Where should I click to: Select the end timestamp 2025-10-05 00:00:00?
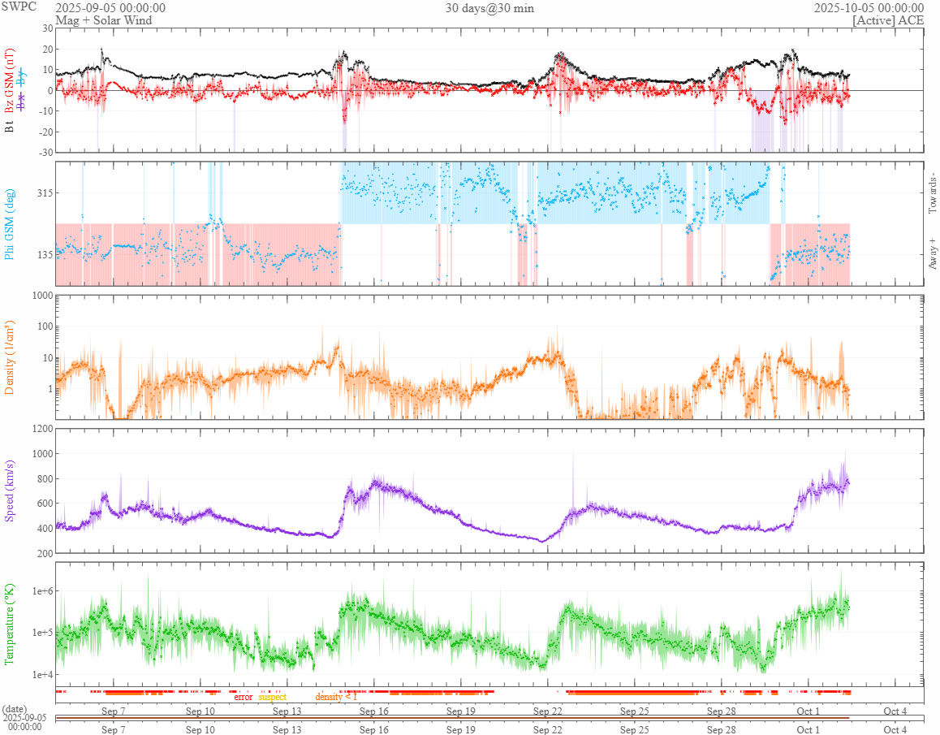click(x=869, y=7)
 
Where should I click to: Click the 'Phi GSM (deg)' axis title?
click(x=10, y=223)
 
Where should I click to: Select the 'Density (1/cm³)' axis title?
click(x=10, y=357)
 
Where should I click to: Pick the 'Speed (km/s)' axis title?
click(x=10, y=491)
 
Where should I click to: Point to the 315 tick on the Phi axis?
click(x=42, y=192)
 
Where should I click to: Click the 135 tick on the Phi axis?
click(x=42, y=254)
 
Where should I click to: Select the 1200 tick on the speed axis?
click(x=40, y=428)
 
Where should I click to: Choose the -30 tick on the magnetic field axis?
click(x=43, y=152)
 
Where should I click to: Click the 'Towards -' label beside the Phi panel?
click(x=933, y=194)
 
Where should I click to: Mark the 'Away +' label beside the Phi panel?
click(x=933, y=253)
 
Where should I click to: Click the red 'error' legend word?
click(x=244, y=697)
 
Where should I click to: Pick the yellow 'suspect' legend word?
click(x=273, y=697)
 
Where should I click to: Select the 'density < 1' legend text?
click(x=336, y=697)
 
